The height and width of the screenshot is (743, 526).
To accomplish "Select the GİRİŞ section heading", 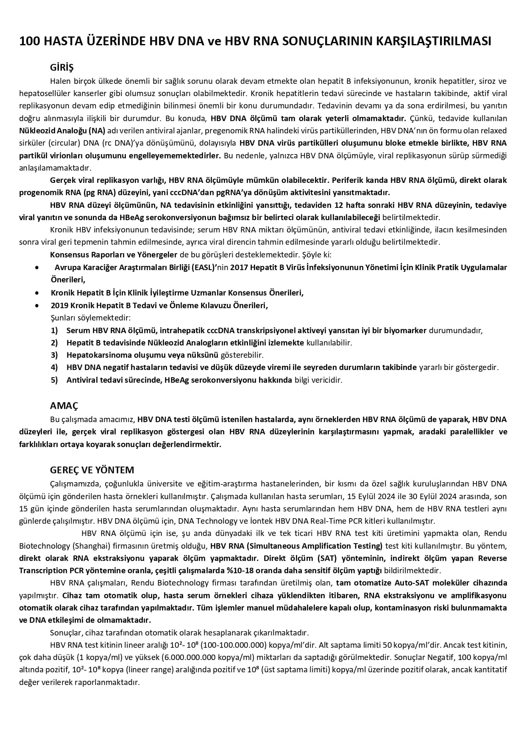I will coord(62,67).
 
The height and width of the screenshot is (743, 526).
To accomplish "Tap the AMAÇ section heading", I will coord(64,406).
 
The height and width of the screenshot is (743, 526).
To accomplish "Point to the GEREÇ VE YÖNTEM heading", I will coord(92,470).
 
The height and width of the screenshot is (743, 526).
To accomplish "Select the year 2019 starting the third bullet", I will coord(59,305).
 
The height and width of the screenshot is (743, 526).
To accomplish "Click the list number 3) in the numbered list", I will coord(54,355).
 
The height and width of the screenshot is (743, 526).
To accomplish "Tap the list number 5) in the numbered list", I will coord(54,380).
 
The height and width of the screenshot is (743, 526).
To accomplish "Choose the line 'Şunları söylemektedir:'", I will coord(90,318).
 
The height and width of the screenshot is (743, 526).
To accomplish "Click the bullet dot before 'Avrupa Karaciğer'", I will coord(39,268).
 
